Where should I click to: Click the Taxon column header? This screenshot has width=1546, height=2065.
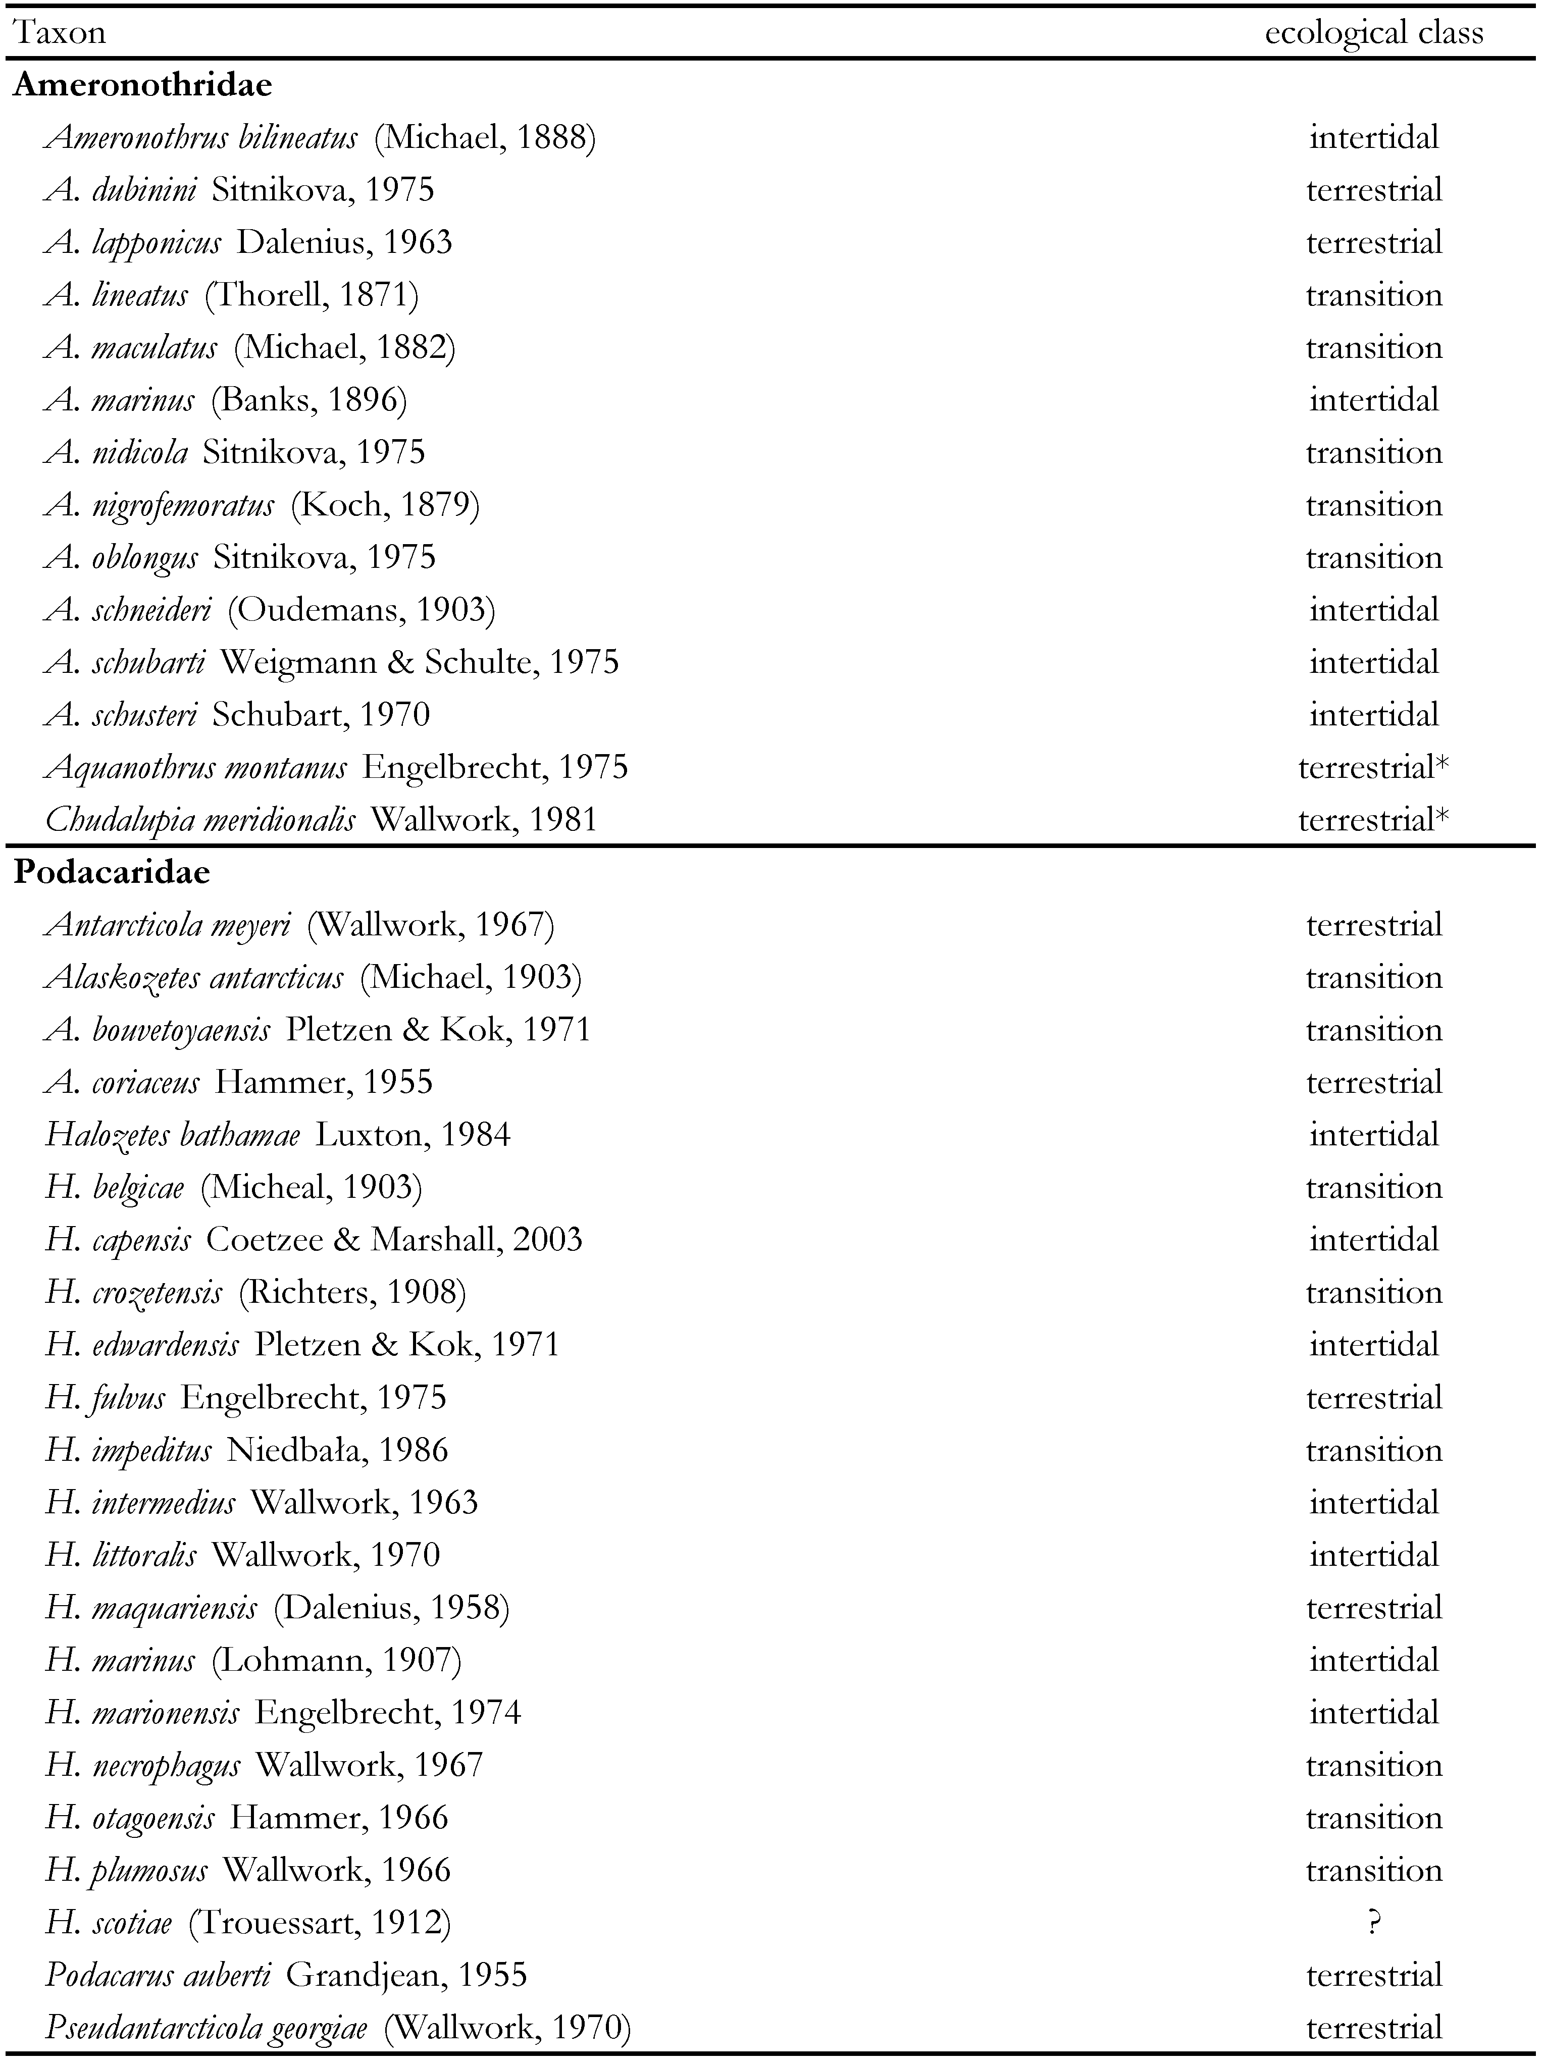(x=60, y=34)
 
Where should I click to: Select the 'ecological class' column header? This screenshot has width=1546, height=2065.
(x=1373, y=34)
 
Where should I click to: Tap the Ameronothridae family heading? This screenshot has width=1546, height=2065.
(x=143, y=85)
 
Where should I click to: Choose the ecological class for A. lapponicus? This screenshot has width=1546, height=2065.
(x=1373, y=243)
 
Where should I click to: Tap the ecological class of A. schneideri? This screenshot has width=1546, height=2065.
(x=1373, y=610)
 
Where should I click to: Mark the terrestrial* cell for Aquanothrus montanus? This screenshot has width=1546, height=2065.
(x=1373, y=767)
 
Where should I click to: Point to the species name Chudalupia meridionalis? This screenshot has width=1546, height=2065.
(x=200, y=820)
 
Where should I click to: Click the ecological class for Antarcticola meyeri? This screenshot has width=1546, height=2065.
(x=1373, y=925)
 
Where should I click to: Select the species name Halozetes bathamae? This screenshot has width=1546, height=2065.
(x=173, y=1135)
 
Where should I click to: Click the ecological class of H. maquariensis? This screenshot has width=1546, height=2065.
(x=1373, y=1608)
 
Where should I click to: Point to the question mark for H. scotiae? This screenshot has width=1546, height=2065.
(x=1373, y=1922)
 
